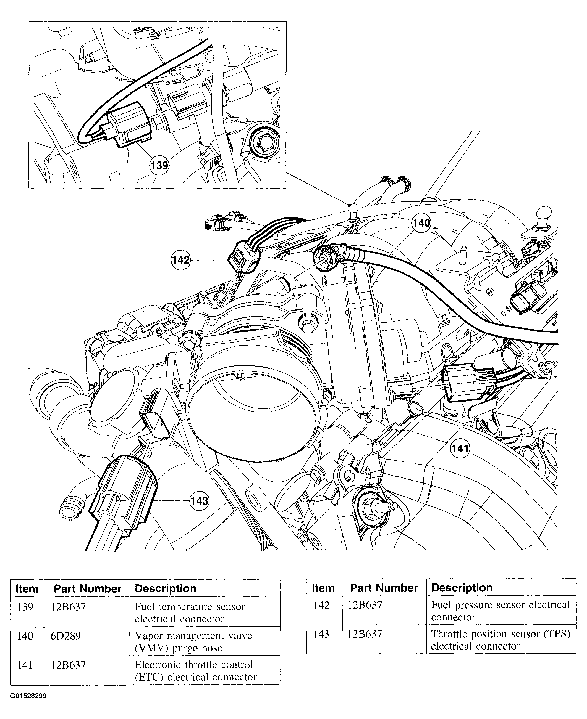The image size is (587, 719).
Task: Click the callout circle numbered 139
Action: (x=159, y=166)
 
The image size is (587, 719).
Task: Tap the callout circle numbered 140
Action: (x=421, y=223)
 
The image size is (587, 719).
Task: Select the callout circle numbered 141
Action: (x=460, y=448)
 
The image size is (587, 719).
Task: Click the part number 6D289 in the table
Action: (x=65, y=636)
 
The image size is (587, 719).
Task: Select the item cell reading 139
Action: (x=25, y=607)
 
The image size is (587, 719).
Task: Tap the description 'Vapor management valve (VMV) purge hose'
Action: (x=193, y=642)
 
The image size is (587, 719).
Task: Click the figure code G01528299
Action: (x=28, y=696)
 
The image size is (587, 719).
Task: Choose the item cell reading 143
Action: (x=321, y=634)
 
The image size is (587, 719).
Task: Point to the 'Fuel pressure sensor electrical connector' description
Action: (x=500, y=611)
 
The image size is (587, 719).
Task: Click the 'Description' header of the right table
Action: (x=462, y=588)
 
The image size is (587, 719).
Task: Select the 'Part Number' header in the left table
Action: (x=88, y=589)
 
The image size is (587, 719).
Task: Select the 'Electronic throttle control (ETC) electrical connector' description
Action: (x=196, y=671)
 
